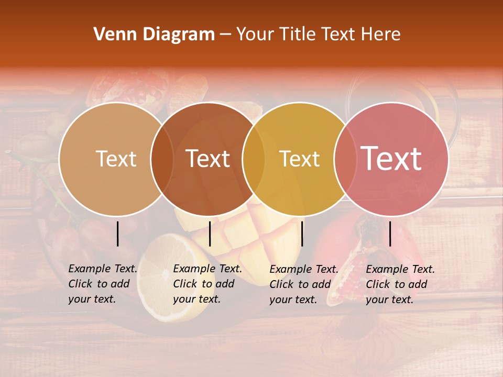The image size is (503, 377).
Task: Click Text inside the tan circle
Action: click(x=116, y=159)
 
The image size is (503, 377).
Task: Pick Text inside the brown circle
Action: click(x=208, y=159)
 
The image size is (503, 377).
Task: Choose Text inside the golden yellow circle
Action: click(x=299, y=159)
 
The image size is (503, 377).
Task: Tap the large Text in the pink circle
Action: click(x=391, y=159)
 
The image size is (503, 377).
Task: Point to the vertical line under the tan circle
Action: click(x=118, y=234)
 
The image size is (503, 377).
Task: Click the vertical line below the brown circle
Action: click(x=210, y=234)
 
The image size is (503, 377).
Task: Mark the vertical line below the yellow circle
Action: click(x=302, y=234)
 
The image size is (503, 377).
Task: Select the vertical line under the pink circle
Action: click(x=390, y=234)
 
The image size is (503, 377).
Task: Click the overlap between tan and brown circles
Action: click(x=162, y=159)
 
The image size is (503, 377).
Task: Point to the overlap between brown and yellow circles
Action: click(x=254, y=159)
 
